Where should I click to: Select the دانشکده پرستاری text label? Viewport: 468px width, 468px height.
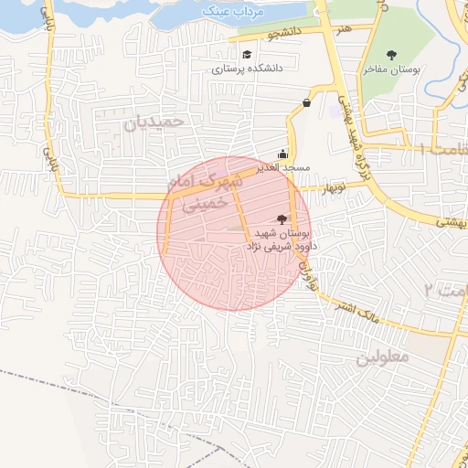248,68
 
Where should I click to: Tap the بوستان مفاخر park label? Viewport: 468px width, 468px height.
391,69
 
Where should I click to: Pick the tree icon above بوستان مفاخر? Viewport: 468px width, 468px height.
392,55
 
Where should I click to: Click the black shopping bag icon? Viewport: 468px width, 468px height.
306,102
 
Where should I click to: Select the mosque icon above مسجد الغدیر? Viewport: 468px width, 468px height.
282,154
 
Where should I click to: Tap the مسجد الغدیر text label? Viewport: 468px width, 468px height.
284,168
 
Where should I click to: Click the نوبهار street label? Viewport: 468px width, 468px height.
332,187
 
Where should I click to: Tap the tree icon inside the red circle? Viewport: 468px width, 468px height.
281,218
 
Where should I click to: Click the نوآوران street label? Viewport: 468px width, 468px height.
311,271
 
